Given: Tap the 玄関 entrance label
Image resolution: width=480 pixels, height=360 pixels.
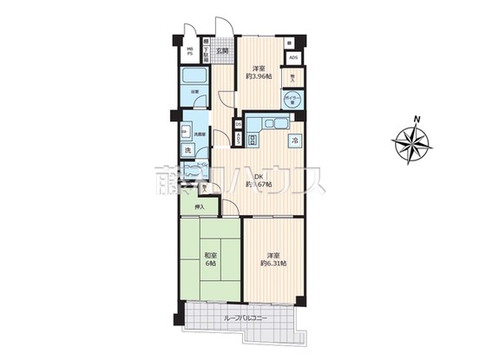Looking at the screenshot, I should click(x=223, y=51).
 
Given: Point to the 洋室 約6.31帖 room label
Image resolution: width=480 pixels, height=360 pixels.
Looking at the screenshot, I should click(x=273, y=259).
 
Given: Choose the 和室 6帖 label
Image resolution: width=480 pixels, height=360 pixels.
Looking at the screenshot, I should click(x=211, y=259).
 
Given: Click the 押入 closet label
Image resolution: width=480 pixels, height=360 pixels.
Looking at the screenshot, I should click(x=200, y=207).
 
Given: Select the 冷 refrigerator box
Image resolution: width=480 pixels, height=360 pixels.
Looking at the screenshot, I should click(x=294, y=141).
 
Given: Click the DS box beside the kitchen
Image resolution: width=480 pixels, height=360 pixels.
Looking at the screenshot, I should click(x=239, y=124).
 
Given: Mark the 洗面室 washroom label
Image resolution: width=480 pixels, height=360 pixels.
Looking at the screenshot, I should click(x=198, y=134).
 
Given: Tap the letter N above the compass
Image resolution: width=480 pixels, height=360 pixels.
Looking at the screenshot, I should click(x=418, y=118).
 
